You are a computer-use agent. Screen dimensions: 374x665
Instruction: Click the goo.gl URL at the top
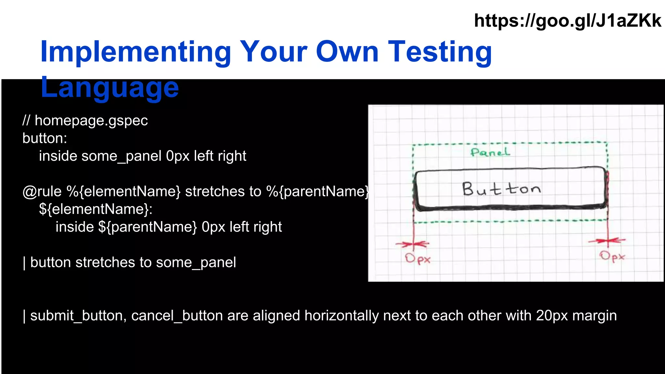(567, 21)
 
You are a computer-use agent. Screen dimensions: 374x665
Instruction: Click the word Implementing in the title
(135, 52)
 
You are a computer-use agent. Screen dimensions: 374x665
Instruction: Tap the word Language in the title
(109, 88)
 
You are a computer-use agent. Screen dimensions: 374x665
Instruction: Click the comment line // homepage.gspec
(85, 121)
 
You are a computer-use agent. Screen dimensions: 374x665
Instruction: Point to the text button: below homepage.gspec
(45, 139)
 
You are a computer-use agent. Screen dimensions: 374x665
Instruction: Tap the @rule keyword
(42, 192)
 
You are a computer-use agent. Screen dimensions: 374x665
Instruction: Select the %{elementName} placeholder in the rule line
(123, 192)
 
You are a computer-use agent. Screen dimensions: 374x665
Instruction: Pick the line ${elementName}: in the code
(95, 209)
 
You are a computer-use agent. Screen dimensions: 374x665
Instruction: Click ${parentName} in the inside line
(147, 227)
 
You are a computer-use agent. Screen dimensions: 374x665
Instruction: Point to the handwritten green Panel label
(490, 152)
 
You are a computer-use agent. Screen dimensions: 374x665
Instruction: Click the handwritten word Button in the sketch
(502, 189)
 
